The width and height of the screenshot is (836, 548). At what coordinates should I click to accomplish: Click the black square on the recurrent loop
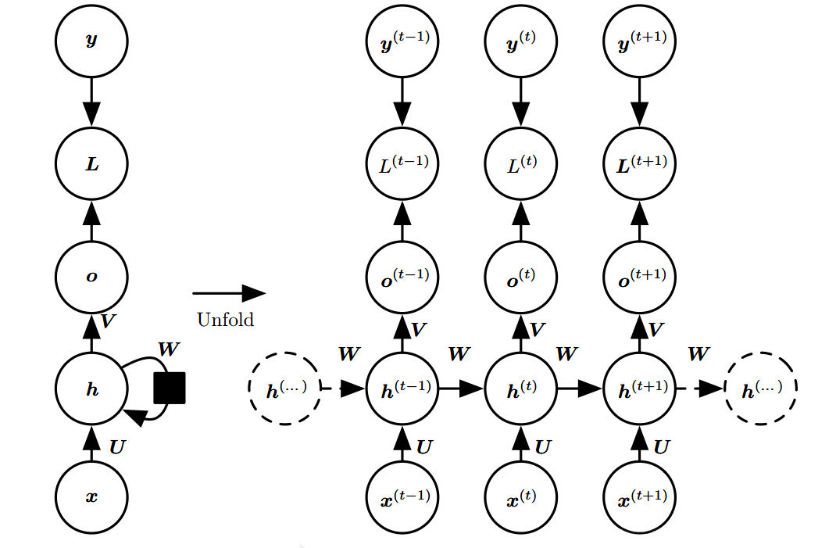pyautogui.click(x=170, y=388)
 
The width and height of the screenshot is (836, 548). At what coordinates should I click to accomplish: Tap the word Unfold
pyautogui.click(x=225, y=319)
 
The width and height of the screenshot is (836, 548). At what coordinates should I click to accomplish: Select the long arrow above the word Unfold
pyautogui.click(x=229, y=293)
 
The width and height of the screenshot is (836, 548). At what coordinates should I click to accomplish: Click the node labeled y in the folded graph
pyautogui.click(x=91, y=41)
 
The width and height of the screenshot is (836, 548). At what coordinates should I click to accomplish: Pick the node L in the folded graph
pyautogui.click(x=91, y=165)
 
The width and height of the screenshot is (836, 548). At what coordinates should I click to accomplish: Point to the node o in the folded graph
pyautogui.click(x=91, y=276)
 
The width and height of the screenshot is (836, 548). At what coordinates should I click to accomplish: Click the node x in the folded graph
pyautogui.click(x=91, y=496)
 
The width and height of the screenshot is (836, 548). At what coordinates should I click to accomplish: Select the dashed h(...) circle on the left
pyautogui.click(x=284, y=389)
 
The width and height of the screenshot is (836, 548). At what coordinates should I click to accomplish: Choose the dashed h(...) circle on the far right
pyautogui.click(x=761, y=389)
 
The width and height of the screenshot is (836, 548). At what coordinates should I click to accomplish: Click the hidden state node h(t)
pyautogui.click(x=521, y=389)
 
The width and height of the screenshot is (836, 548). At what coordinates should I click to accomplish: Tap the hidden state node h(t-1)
pyautogui.click(x=402, y=389)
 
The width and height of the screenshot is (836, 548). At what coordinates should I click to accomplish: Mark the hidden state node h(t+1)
pyautogui.click(x=640, y=389)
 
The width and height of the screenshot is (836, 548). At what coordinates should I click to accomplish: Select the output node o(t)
pyautogui.click(x=521, y=276)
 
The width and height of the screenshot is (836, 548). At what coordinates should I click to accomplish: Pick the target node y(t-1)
pyautogui.click(x=402, y=41)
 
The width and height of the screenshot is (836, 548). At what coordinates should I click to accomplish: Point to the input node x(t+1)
pyautogui.click(x=640, y=496)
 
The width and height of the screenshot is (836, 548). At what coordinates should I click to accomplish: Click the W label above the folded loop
pyautogui.click(x=169, y=349)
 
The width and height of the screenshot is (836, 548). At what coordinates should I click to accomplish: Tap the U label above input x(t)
pyautogui.click(x=543, y=447)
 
